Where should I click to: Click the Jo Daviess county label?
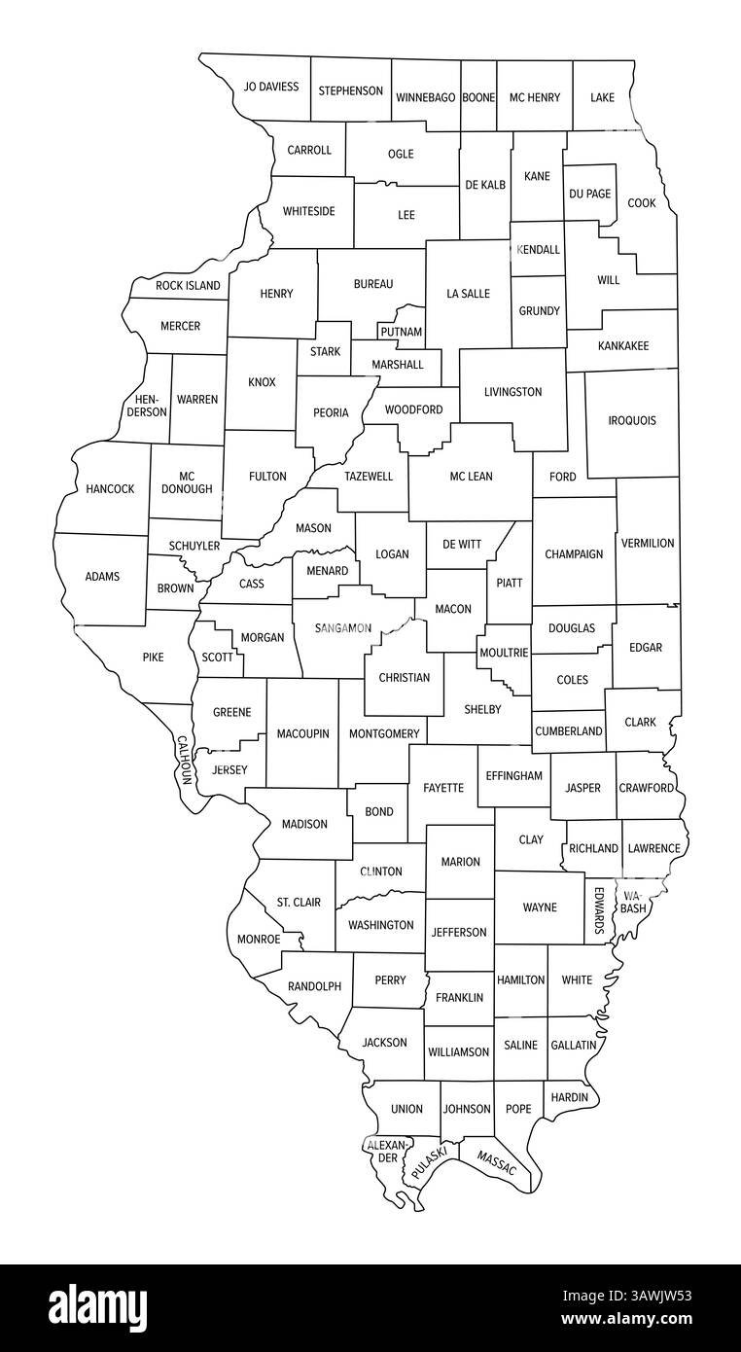(271, 87)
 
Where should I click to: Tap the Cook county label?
(641, 203)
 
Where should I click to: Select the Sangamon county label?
(342, 628)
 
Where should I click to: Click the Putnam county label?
(402, 332)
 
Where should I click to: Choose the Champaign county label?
(574, 554)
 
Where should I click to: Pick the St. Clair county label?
(299, 903)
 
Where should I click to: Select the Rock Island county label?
(188, 286)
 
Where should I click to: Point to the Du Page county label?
(590, 194)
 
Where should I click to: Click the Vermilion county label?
(648, 543)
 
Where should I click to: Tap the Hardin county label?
(570, 1097)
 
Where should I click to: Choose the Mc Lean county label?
(471, 477)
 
